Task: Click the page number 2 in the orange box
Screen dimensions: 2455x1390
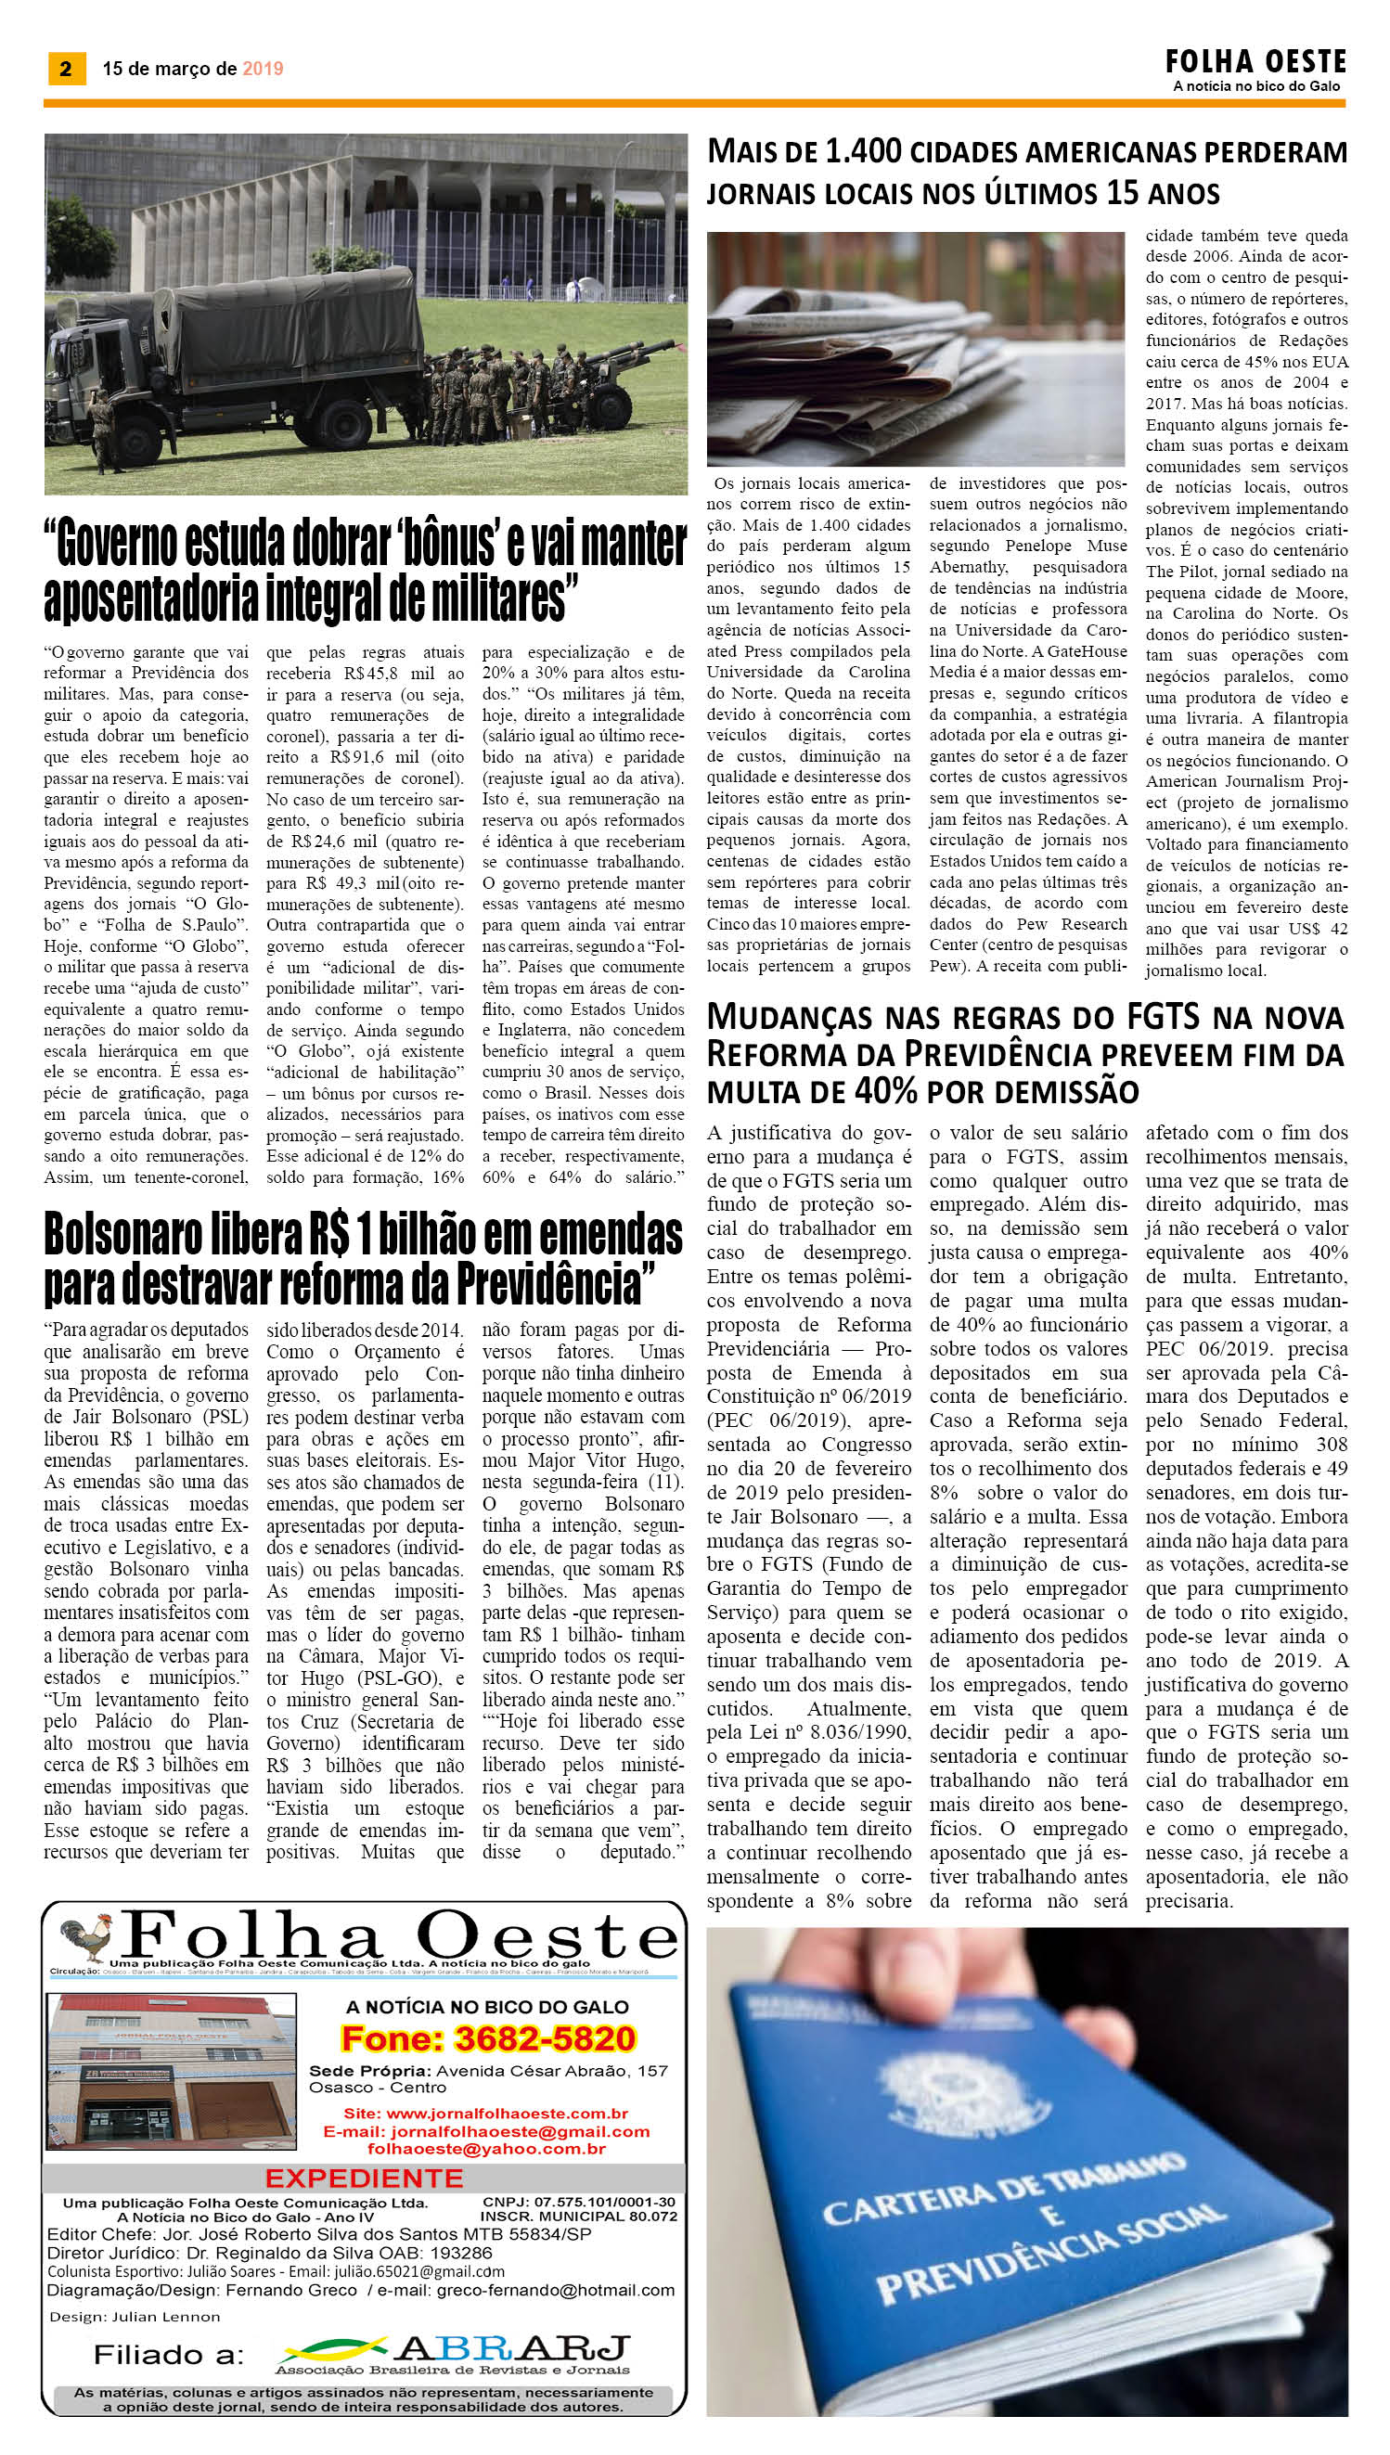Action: click(x=65, y=69)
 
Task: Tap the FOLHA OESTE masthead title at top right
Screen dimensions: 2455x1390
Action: click(x=1255, y=63)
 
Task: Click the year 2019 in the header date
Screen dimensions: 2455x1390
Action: click(x=263, y=69)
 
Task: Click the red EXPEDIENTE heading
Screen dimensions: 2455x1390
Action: click(x=364, y=2179)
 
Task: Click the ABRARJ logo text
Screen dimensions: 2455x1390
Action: click(x=511, y=2348)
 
